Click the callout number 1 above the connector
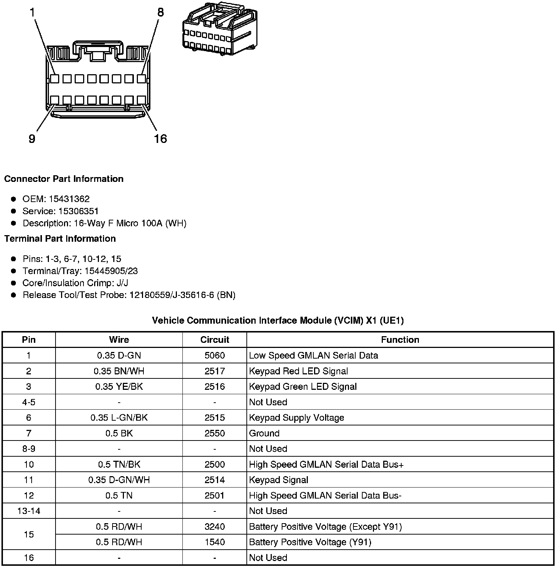[x=32, y=13]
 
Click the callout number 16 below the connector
[x=160, y=139]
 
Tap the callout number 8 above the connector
[x=160, y=12]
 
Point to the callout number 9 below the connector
[x=32, y=139]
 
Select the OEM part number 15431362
[x=69, y=199]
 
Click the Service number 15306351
[x=79, y=211]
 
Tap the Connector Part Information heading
[x=64, y=179]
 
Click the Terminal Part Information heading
[x=60, y=239]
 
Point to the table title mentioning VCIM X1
[x=278, y=321]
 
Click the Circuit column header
[x=214, y=340]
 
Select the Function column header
[x=400, y=340]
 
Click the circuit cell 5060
[x=214, y=356]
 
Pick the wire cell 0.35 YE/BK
[x=119, y=387]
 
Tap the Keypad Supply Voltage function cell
[x=296, y=418]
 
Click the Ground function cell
[x=264, y=434]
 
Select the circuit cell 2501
[x=214, y=496]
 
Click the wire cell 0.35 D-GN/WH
[x=119, y=480]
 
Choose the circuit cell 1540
[x=214, y=542]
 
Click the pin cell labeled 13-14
[x=29, y=511]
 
